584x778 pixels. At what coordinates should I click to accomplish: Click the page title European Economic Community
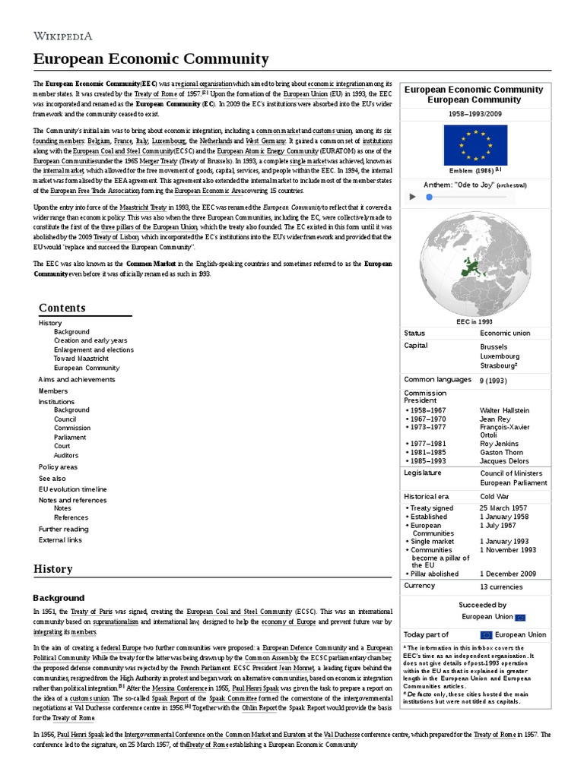151,59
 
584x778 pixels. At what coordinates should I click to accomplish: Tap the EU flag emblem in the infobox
474,145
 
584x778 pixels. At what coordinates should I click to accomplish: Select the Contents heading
62,308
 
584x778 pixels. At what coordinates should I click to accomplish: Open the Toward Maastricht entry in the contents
86,359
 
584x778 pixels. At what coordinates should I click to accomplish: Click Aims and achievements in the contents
77,379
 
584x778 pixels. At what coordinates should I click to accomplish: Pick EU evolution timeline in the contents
73,489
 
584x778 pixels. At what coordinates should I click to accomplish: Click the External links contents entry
60,540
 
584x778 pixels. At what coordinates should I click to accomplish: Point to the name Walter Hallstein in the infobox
504,410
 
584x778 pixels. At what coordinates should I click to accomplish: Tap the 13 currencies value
501,587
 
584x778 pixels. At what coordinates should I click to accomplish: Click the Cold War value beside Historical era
495,496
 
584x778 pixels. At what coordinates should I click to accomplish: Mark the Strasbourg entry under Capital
499,365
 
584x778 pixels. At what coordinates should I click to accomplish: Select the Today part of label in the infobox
426,634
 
